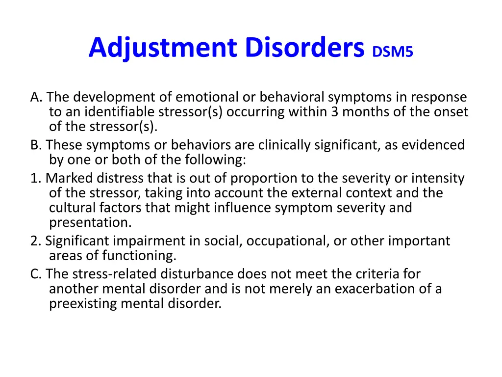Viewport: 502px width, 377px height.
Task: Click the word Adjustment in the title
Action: (x=163, y=48)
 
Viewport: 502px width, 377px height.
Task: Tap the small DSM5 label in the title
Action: (x=393, y=52)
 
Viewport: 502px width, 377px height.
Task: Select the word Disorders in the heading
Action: (x=305, y=48)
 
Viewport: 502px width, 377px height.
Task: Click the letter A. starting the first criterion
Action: (x=36, y=98)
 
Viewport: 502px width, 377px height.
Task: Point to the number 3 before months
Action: (x=334, y=112)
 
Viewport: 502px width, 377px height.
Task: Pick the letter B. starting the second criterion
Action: (x=36, y=145)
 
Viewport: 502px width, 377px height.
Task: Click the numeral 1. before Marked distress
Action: (x=35, y=178)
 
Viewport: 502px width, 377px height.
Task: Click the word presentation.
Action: (x=90, y=222)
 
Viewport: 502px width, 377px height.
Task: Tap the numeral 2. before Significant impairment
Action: (x=35, y=241)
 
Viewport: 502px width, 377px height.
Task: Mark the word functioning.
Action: (x=139, y=255)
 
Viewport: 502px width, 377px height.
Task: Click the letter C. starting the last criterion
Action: (x=36, y=274)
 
